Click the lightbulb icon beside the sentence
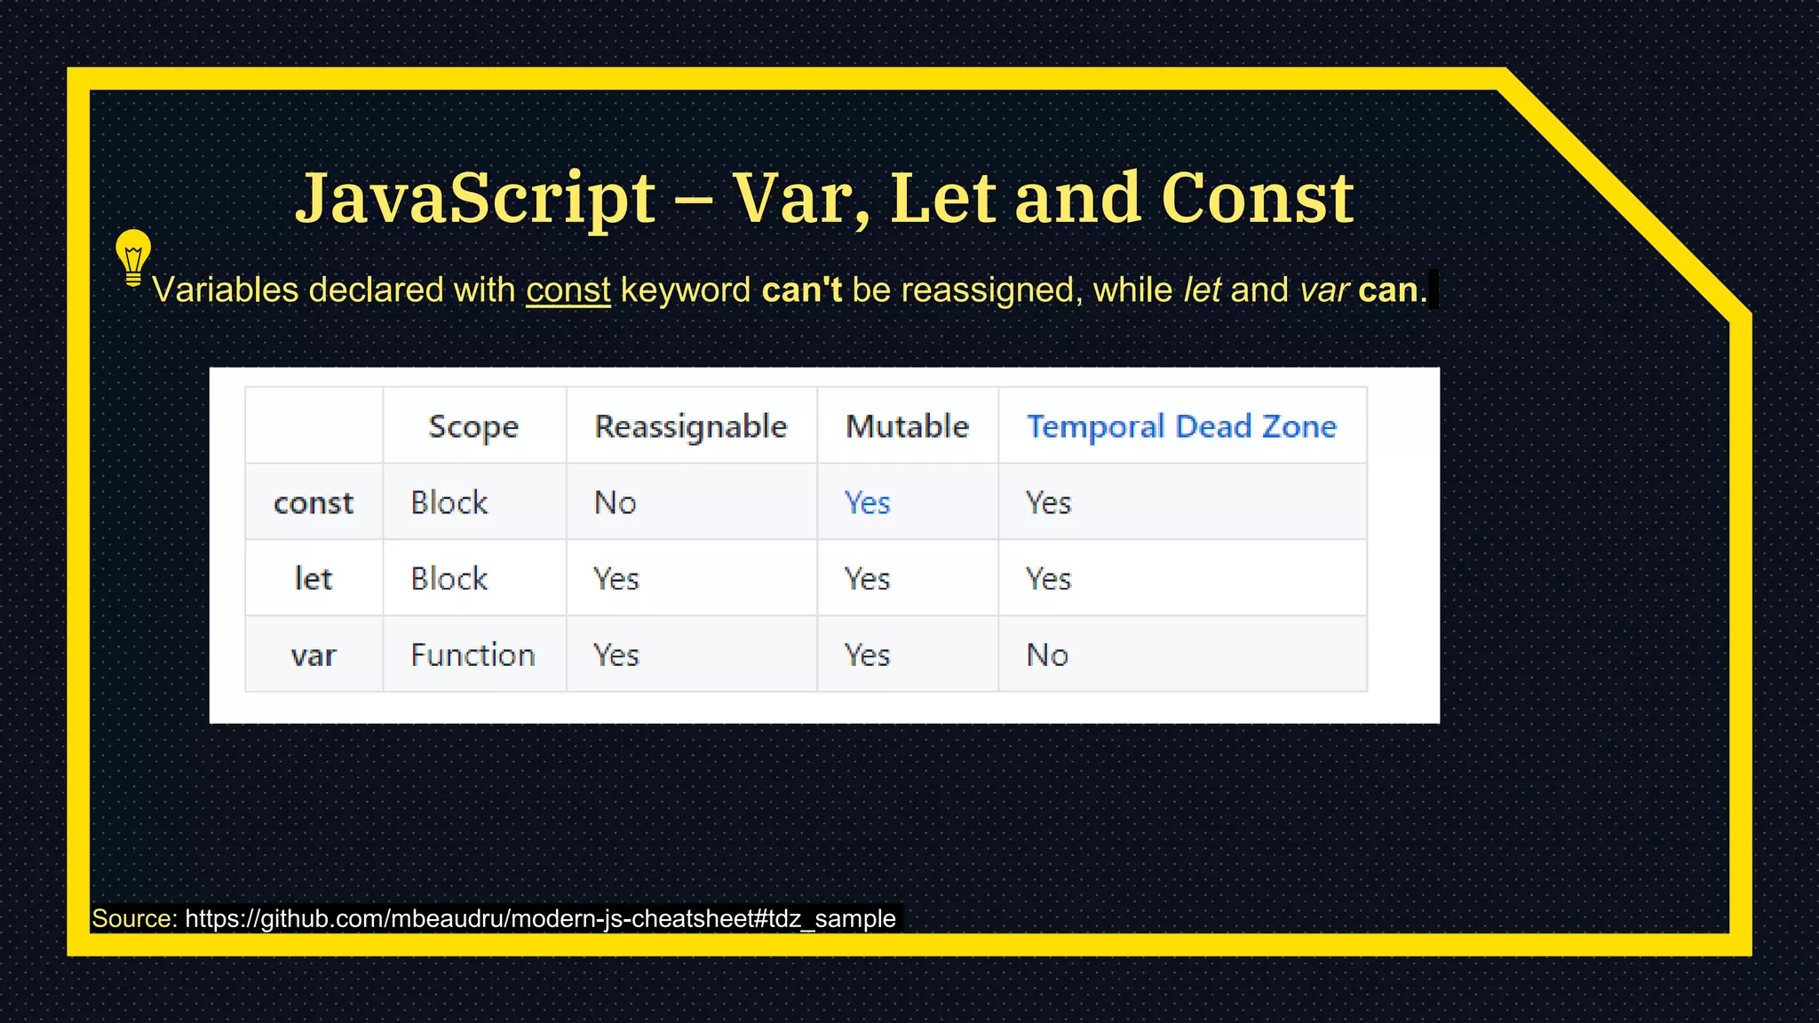pos(133,257)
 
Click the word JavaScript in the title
pos(475,197)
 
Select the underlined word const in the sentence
pos(568,290)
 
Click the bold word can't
pos(801,290)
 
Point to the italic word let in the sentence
pos(1202,290)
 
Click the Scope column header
pos(473,426)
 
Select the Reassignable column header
pos(690,426)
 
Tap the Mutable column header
pos(907,426)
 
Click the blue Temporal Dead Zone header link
pos(1181,426)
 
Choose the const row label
pos(314,503)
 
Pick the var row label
pos(314,655)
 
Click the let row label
pos(314,579)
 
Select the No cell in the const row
pos(615,503)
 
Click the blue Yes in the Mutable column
pos(867,503)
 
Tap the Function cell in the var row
pos(473,655)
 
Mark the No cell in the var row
pos(1047,655)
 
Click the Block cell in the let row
pos(449,579)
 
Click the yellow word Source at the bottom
pos(134,918)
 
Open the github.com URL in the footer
pos(540,918)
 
